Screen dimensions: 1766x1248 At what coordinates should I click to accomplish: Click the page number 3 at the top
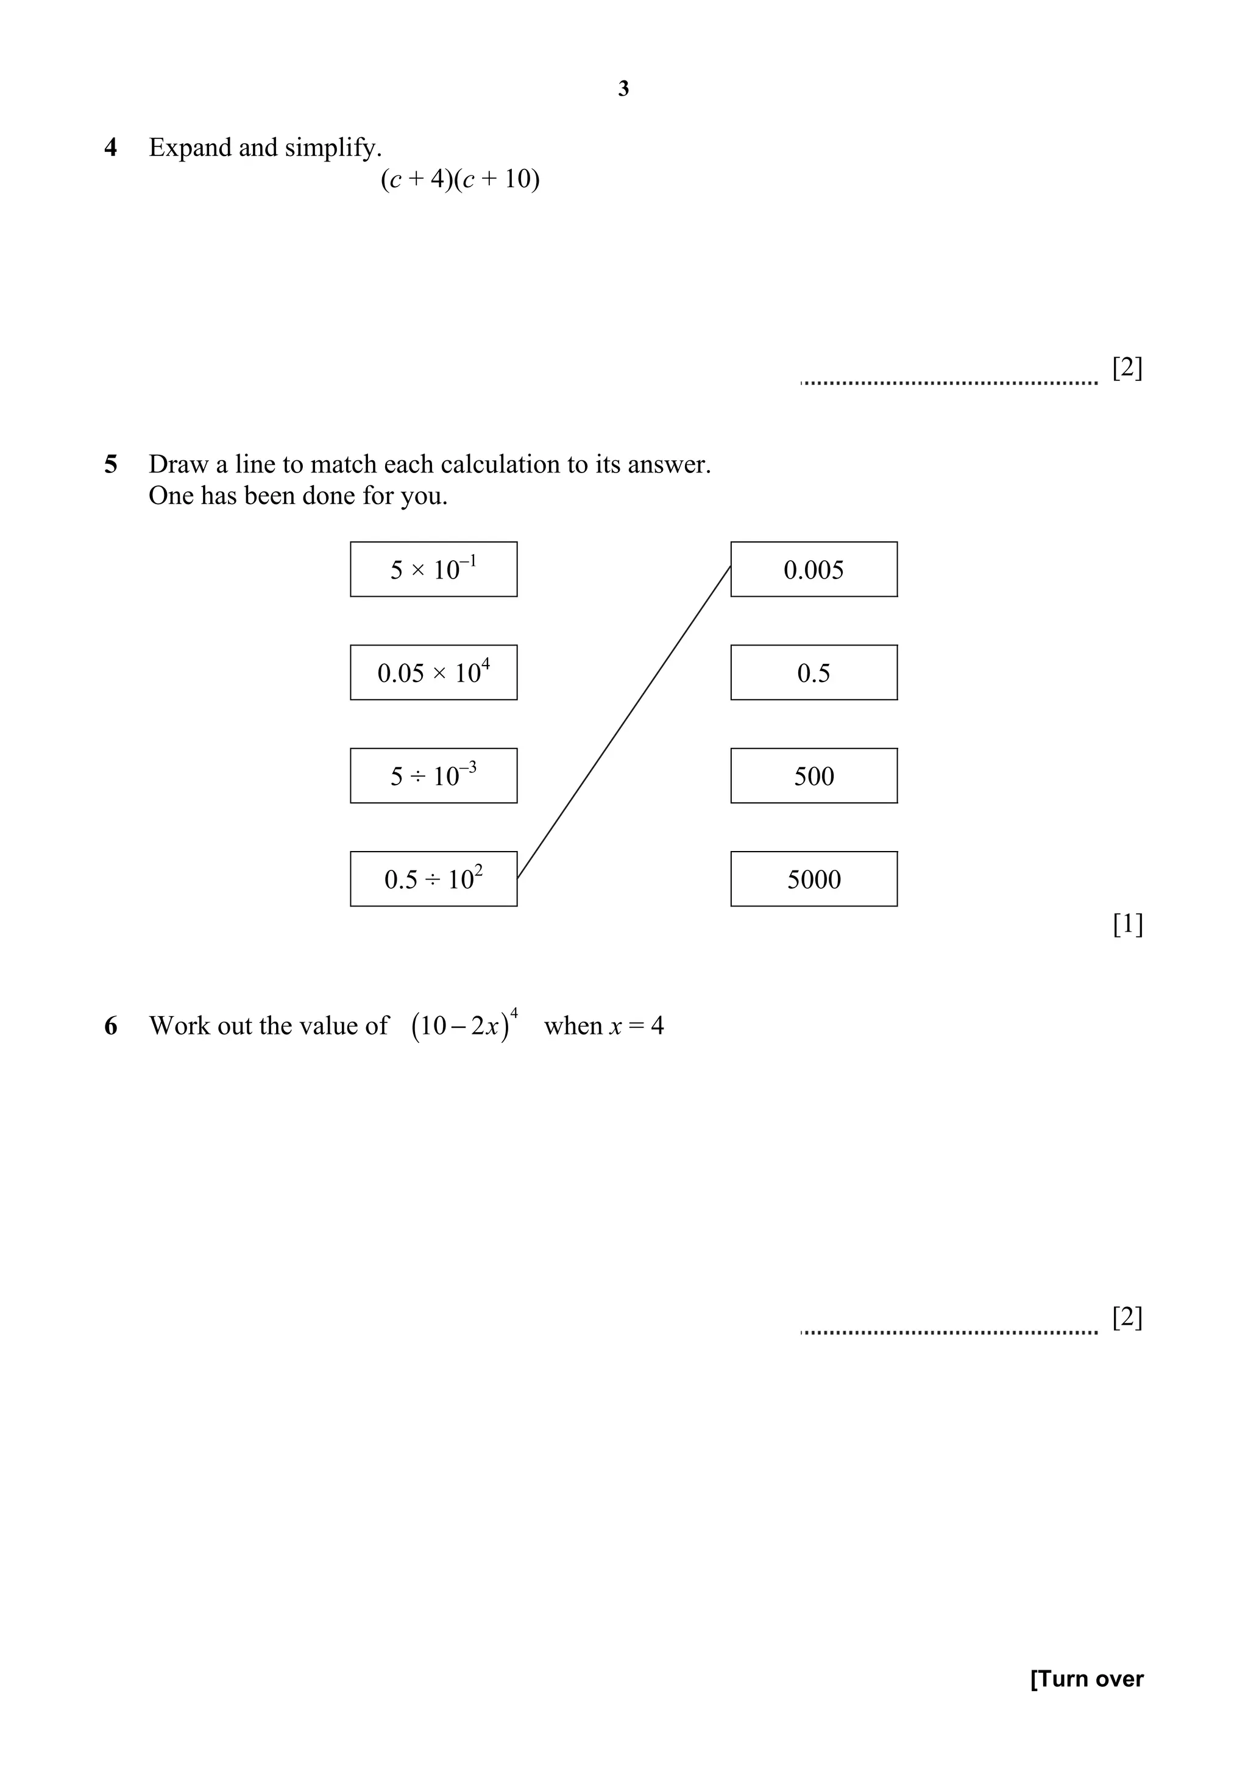click(x=623, y=89)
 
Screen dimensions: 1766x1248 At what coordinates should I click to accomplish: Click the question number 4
click(x=111, y=148)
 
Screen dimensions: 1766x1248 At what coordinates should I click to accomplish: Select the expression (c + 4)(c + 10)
click(x=460, y=179)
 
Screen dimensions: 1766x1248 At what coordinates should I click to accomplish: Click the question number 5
click(x=111, y=465)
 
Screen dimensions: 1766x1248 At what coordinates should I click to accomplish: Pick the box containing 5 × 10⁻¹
click(x=434, y=569)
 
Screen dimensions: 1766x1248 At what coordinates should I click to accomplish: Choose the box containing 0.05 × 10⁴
click(x=434, y=672)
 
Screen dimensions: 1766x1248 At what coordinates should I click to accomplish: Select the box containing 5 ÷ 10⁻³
click(x=434, y=775)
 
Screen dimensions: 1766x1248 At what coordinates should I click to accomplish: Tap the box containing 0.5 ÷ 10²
click(x=434, y=878)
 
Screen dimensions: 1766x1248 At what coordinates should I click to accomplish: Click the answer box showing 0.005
click(x=814, y=569)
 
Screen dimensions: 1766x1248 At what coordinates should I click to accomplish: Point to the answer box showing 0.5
click(x=814, y=672)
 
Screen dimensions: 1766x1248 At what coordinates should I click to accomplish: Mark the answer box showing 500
click(x=814, y=775)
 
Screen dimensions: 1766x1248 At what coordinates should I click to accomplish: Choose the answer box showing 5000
click(x=814, y=878)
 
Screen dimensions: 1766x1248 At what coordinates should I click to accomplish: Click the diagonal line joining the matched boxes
click(x=623, y=722)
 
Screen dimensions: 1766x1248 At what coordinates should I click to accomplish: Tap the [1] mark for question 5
click(x=1127, y=924)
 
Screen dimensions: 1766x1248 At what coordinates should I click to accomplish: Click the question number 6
click(x=111, y=1026)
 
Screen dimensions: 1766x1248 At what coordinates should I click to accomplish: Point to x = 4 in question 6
click(x=636, y=1026)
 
